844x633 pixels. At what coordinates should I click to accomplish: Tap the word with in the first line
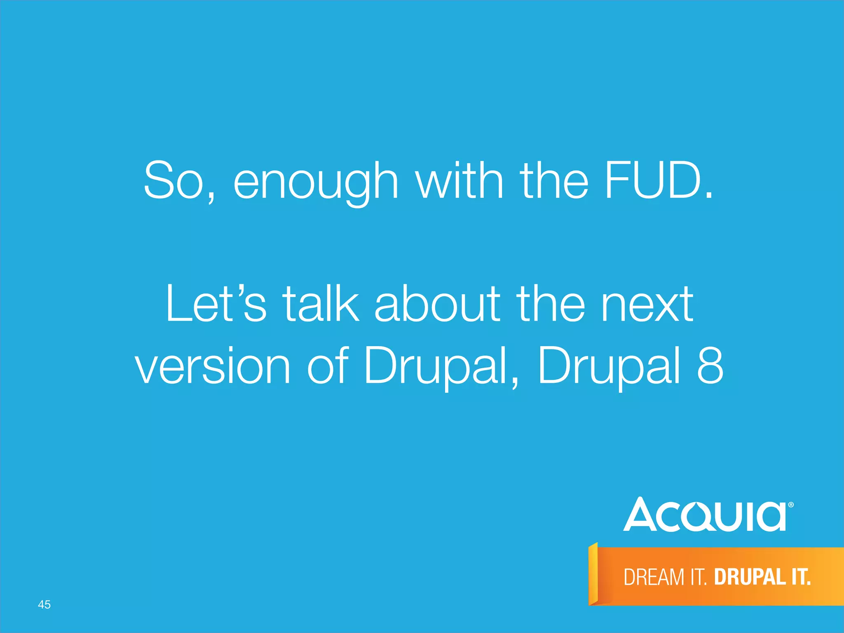pyautogui.click(x=460, y=181)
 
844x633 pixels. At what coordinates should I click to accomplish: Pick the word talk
pyautogui.click(x=321, y=304)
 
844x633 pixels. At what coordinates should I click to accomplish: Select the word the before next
pyautogui.click(x=551, y=304)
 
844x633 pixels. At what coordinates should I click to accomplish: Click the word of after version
pyautogui.click(x=328, y=365)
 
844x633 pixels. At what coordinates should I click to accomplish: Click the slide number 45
pyautogui.click(x=44, y=605)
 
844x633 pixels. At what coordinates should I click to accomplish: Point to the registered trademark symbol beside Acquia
pyautogui.click(x=791, y=505)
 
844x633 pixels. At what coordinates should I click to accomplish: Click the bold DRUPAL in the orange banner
pyautogui.click(x=749, y=577)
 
